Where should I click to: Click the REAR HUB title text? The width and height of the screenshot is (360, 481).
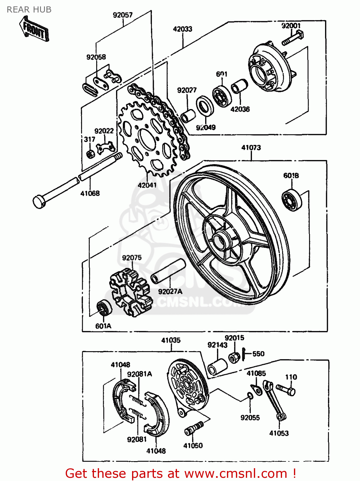pos(29,10)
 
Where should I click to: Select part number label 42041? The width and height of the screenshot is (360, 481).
pos(147,185)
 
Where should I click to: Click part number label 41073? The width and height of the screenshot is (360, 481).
pos(251,148)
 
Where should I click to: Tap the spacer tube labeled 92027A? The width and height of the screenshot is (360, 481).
pos(168,271)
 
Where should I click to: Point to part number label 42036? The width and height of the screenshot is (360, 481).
pos(240,109)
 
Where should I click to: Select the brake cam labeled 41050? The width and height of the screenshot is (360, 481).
pos(194,428)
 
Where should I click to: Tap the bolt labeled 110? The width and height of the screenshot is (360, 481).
pos(286,390)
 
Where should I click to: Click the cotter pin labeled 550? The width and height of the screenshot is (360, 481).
pos(244,354)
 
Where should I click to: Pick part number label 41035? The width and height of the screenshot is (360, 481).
pos(171,340)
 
